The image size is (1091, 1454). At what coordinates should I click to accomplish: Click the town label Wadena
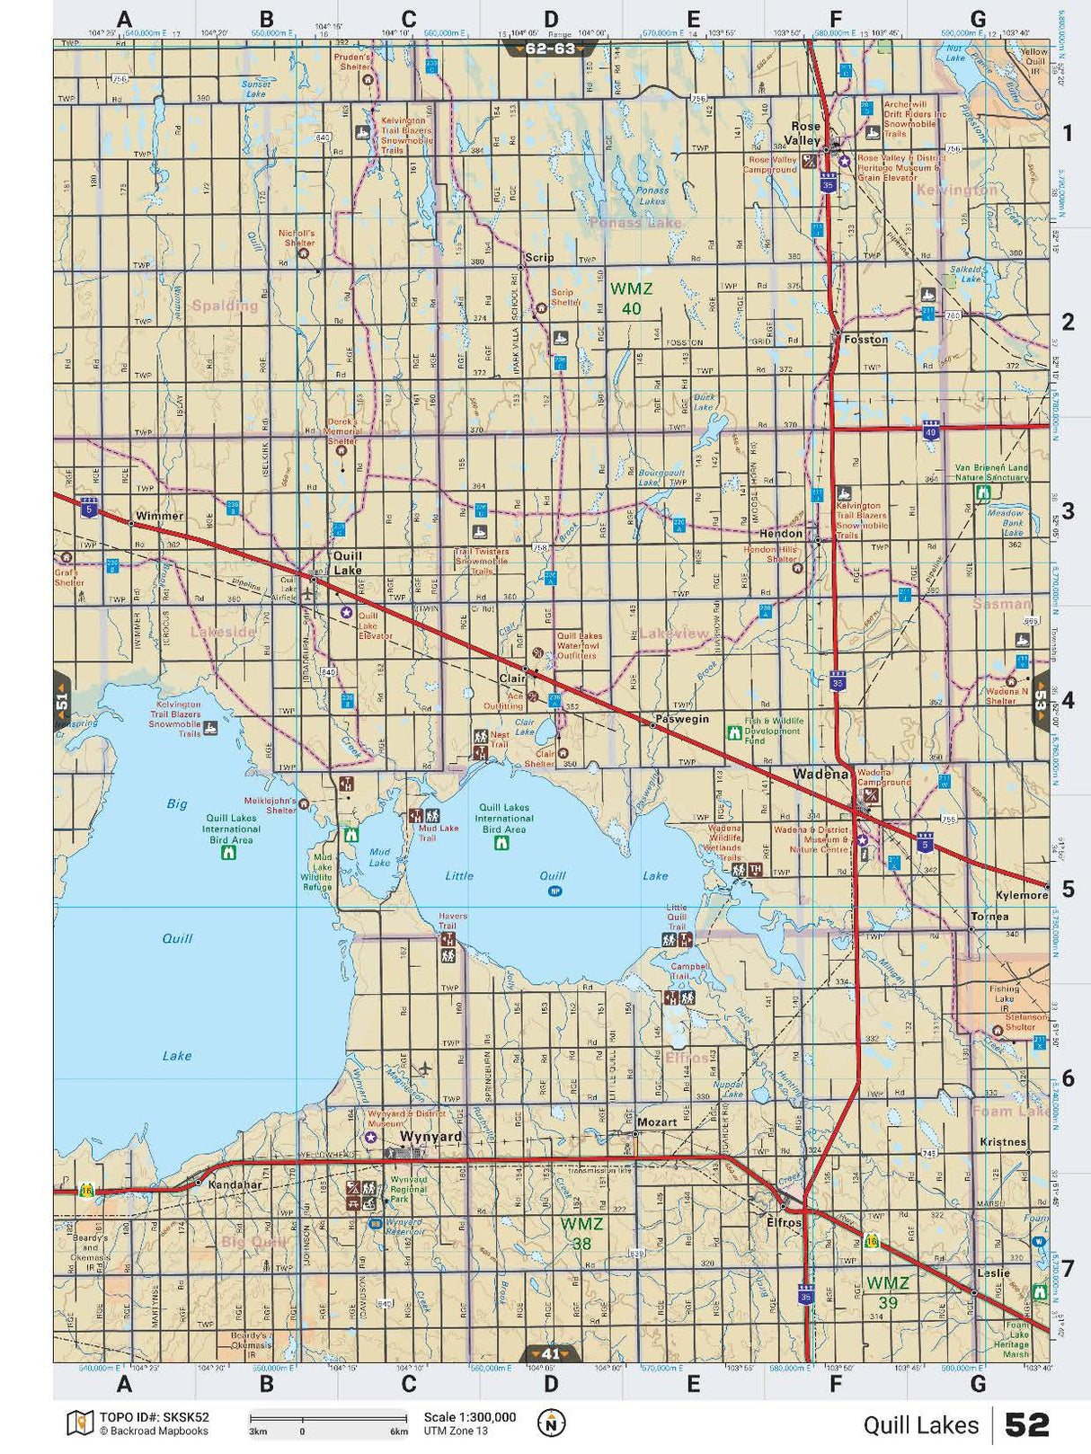(x=820, y=774)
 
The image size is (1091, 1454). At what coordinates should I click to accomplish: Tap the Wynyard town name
(x=430, y=1136)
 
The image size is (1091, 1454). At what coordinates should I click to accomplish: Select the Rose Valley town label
(x=805, y=133)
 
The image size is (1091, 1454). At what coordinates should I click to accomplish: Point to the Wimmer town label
(x=159, y=516)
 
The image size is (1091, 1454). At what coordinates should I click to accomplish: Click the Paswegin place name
(x=682, y=719)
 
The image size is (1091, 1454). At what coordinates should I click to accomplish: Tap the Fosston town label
(x=865, y=340)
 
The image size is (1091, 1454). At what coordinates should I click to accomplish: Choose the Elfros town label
(x=783, y=1222)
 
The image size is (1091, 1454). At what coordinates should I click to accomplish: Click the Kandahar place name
(x=235, y=1184)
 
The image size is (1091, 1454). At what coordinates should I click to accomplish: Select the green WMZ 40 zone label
(x=631, y=298)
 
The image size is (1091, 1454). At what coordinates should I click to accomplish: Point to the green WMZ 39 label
(x=887, y=1291)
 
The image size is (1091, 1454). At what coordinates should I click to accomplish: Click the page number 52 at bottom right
(x=1026, y=1424)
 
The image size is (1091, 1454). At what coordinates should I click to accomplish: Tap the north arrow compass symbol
(x=551, y=1423)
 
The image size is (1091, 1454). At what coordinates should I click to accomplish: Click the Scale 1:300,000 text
(x=469, y=1417)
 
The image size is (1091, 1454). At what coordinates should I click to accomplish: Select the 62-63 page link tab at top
(x=550, y=49)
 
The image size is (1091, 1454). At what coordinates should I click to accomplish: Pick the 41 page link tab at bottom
(x=550, y=1353)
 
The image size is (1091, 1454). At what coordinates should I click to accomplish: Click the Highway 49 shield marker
(x=931, y=431)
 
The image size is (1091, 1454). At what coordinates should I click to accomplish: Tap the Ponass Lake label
(x=634, y=222)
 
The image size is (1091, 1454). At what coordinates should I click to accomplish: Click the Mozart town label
(x=656, y=1122)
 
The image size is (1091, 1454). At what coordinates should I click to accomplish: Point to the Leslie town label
(x=993, y=1272)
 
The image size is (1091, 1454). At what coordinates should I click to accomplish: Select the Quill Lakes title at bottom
(x=920, y=1424)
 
